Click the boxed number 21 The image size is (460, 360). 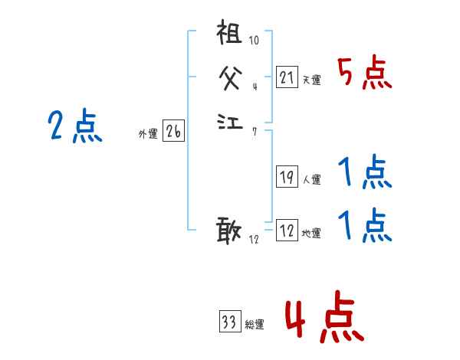pyautogui.click(x=287, y=77)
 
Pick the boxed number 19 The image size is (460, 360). pyautogui.click(x=287, y=177)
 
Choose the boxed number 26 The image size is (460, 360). pyautogui.click(x=173, y=132)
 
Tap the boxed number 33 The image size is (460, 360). pyautogui.click(x=228, y=322)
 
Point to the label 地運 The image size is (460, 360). pyautogui.click(x=310, y=234)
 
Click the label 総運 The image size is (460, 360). pyautogui.click(x=254, y=325)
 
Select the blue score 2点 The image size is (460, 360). pyautogui.click(x=74, y=126)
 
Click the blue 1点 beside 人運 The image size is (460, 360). pyautogui.click(x=365, y=173)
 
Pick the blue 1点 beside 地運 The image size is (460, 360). pyautogui.click(x=365, y=226)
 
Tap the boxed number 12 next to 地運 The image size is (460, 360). pyautogui.click(x=287, y=231)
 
